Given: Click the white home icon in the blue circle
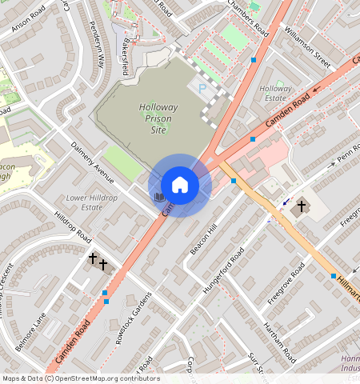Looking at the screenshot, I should (x=180, y=185).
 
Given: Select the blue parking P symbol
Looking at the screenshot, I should (x=202, y=88).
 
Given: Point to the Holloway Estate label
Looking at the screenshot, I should (x=275, y=94).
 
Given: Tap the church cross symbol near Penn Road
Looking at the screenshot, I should (x=302, y=206).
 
